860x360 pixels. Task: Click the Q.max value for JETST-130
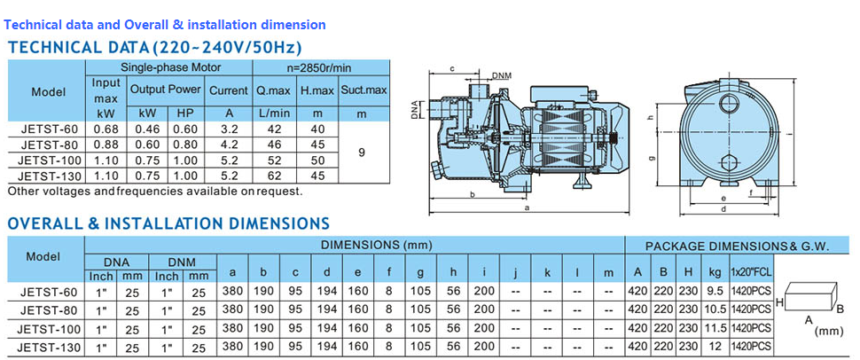(x=274, y=176)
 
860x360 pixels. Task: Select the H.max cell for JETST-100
(x=318, y=160)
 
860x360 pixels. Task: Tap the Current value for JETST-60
(x=229, y=129)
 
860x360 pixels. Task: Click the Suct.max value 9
(x=362, y=153)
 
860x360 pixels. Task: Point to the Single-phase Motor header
(x=170, y=68)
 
